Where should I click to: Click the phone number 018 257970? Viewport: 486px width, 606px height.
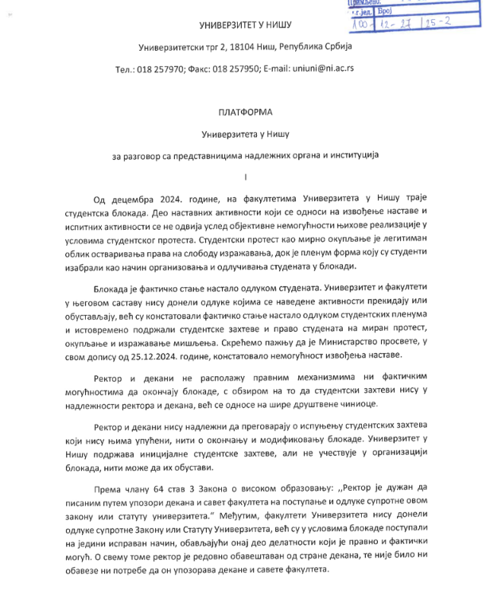pos(162,69)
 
